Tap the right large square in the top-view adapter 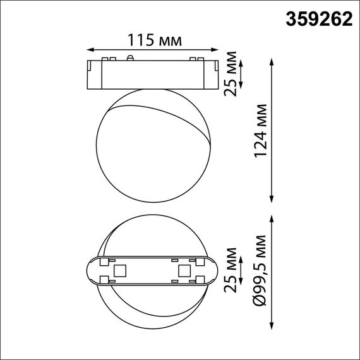[x=184, y=270]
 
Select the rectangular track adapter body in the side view [x=152, y=75]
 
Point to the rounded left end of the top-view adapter [x=91, y=270]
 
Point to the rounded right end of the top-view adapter [x=213, y=270]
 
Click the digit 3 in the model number [x=292, y=20]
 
